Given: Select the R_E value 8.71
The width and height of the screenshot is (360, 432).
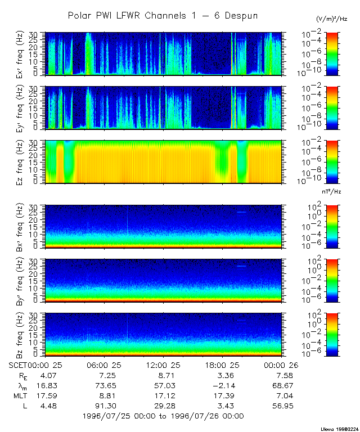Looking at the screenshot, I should (x=161, y=375).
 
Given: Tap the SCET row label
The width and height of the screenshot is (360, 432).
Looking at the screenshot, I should (x=19, y=364).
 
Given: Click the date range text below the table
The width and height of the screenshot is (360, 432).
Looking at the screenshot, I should (x=163, y=416).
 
